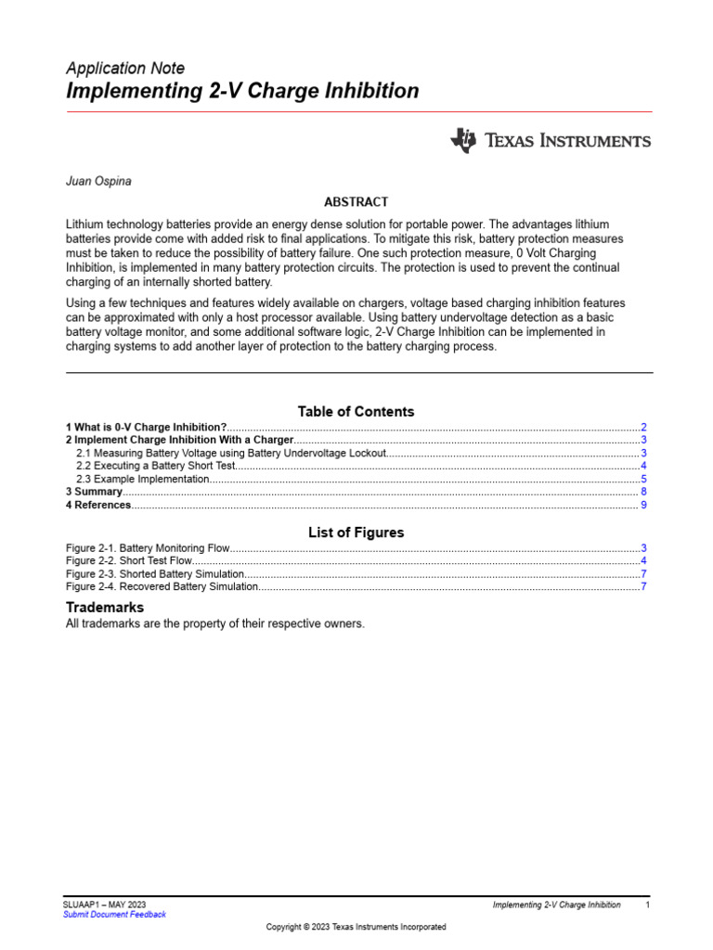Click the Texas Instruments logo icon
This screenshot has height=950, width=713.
coord(462,140)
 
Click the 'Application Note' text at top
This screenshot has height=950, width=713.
coord(125,68)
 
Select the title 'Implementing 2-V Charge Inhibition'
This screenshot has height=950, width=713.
coord(242,91)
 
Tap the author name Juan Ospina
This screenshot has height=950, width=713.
coord(98,181)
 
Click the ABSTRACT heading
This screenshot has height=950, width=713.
coord(356,201)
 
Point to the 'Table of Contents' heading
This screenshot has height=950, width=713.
coord(356,411)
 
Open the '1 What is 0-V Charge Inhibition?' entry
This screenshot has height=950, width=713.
coord(147,427)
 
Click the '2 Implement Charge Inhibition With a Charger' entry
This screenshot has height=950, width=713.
coord(179,440)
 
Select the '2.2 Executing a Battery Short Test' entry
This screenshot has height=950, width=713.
coord(156,466)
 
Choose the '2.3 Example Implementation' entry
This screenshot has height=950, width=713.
coord(142,479)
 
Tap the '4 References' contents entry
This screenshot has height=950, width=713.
coord(98,505)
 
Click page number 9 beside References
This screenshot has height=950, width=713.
coord(643,505)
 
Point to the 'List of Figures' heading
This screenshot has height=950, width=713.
coord(356,533)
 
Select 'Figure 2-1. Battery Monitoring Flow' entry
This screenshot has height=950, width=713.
coord(148,548)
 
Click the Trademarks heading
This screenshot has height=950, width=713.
coord(105,607)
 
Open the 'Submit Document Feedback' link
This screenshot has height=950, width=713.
coord(114,914)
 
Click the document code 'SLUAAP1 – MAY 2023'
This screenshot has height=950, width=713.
coord(105,904)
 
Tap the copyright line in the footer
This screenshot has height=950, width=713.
coord(356,927)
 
